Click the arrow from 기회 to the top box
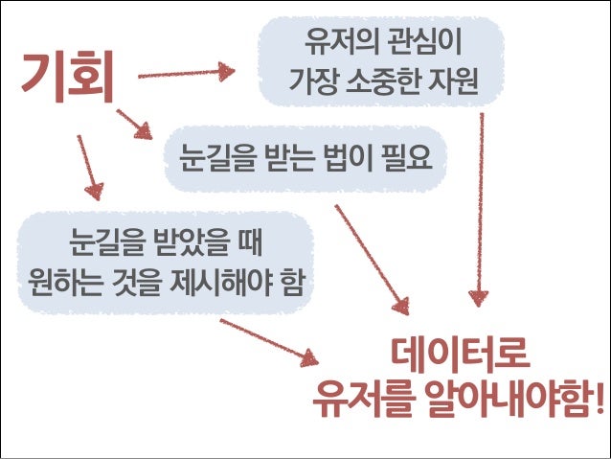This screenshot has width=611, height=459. (x=187, y=73)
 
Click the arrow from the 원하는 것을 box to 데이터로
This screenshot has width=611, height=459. (x=269, y=340)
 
